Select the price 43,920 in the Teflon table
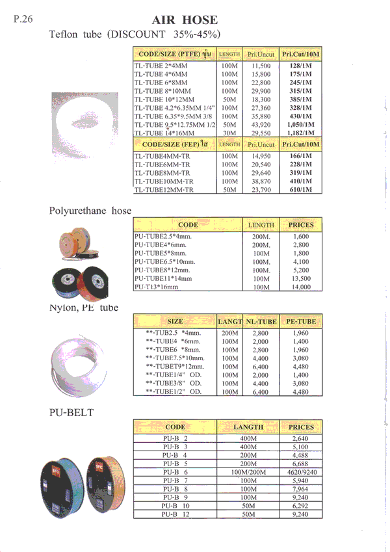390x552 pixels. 259,124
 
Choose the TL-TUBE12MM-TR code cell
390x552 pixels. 164,190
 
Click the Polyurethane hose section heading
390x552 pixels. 90,211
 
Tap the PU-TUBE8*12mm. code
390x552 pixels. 162,270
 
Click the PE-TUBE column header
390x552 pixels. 301,321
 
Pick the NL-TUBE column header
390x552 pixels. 261,321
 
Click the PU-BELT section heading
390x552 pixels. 71,412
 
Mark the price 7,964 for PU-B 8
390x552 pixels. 301,488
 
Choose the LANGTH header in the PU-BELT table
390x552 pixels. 248,427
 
